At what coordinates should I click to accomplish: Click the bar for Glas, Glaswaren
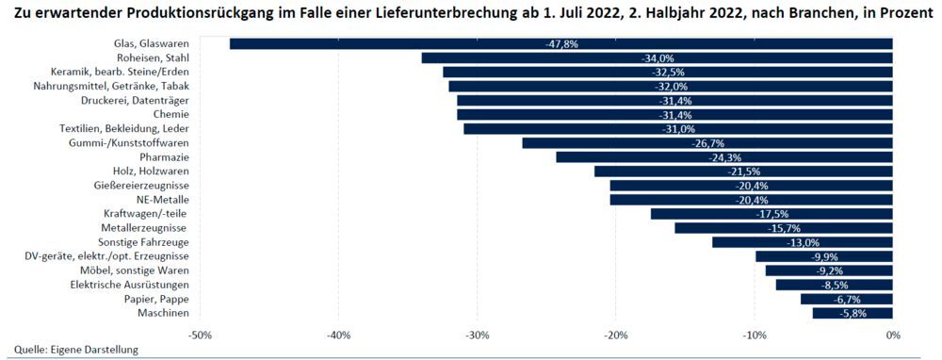pos(561,44)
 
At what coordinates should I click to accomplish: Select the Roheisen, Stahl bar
pos(658,57)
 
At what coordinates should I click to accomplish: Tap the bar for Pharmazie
pos(724,156)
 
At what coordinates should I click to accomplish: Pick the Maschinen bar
pos(853,313)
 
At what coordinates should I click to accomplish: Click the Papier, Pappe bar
pos(847,299)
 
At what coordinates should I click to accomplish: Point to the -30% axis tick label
pos(477,335)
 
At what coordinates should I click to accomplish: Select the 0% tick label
pos(893,335)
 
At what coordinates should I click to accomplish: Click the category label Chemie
pos(171,114)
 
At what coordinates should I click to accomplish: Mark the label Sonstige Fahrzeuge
pos(147,242)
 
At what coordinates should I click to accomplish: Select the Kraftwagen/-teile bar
pos(772,214)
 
